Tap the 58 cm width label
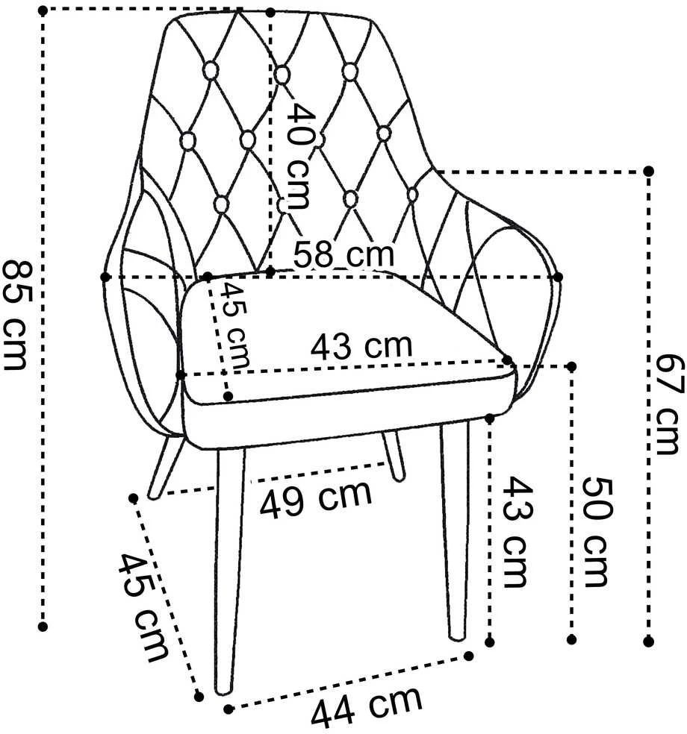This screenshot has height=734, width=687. coord(343,254)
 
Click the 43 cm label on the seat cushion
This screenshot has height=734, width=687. coord(361,345)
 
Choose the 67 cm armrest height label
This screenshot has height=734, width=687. coord(667,404)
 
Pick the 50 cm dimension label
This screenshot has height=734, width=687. coord(597,533)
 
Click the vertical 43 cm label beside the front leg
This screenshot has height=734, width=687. coord(517,533)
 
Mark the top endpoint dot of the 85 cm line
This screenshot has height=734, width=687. coord(43,10)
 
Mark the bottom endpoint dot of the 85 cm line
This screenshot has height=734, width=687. coord(43,627)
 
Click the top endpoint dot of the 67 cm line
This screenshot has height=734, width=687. coord(649,171)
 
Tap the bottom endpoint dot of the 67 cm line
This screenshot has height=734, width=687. coord(649,641)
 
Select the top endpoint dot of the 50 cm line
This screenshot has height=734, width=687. coord(571,366)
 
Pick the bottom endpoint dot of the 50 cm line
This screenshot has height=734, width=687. coord(571,639)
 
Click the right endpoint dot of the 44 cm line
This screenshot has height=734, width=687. coord(468,656)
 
